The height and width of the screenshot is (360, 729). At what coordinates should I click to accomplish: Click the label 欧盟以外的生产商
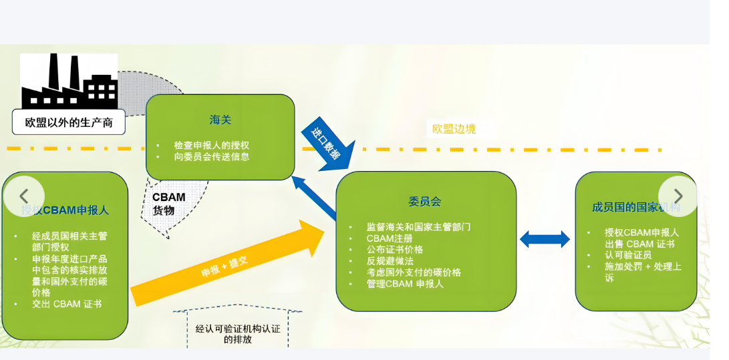pos(69,122)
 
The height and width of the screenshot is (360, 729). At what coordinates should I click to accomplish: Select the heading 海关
pos(220,120)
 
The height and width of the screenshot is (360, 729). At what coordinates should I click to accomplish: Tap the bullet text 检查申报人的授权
pos(211,145)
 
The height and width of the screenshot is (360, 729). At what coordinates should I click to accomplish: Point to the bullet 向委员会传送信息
pos(211,156)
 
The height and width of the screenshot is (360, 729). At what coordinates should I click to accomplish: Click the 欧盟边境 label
pos(454,129)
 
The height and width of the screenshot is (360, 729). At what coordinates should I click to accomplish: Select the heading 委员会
pos(425,202)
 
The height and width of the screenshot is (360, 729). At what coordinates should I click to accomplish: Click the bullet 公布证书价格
pos(394,250)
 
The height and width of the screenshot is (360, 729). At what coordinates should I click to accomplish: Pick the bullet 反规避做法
pos(390,261)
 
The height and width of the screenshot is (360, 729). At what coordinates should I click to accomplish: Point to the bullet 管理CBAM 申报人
pos(404,284)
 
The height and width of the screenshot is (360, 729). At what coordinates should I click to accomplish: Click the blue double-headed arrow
pos(545,239)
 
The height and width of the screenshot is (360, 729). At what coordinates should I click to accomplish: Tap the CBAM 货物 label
pos(168,204)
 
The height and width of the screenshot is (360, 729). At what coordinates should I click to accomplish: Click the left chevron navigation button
pos(24,196)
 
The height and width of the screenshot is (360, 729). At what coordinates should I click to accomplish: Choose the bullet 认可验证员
pos(628,255)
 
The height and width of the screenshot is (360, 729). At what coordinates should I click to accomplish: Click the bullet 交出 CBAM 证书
pos(67,304)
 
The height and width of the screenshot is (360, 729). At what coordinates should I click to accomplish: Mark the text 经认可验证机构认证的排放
pos(237,334)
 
